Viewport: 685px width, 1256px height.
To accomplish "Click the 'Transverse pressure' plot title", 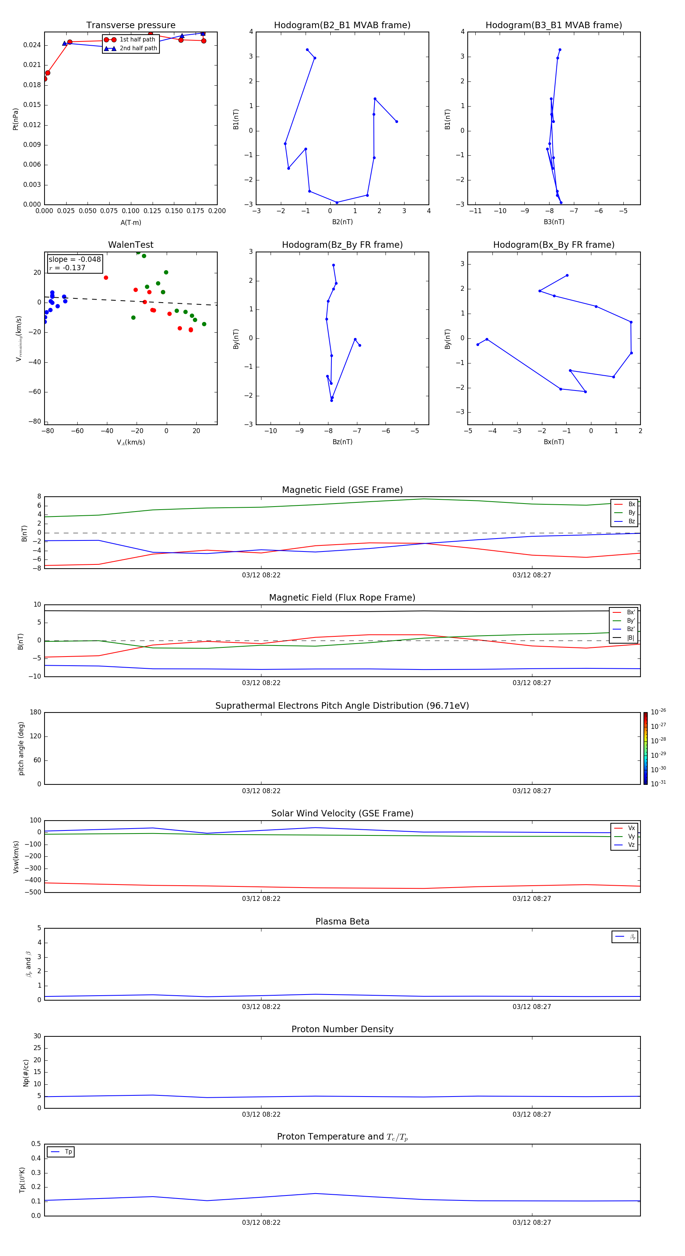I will pyautogui.click(x=131, y=26).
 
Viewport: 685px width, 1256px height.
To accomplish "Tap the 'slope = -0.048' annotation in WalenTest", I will pyautogui.click(x=75, y=260).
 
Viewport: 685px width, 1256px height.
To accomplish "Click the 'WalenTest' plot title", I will pyautogui.click(x=131, y=245).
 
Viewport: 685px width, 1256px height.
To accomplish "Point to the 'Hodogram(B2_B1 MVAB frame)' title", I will pyautogui.click(x=342, y=26).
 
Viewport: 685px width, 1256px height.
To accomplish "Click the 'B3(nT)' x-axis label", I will pyautogui.click(x=554, y=222).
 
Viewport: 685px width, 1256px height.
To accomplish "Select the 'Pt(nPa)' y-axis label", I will pyautogui.click(x=16, y=119).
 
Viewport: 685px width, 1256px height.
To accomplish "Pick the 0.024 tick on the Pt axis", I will pyautogui.click(x=32, y=45).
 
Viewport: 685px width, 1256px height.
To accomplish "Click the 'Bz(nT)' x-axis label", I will pyautogui.click(x=342, y=442).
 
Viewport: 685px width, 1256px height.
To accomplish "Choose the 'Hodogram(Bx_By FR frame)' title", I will pyautogui.click(x=553, y=245).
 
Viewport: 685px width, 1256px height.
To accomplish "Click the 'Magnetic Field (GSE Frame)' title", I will pyautogui.click(x=342, y=490).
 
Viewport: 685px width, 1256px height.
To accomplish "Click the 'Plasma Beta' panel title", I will pyautogui.click(x=342, y=921).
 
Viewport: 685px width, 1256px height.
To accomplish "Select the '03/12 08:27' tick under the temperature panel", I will pyautogui.click(x=531, y=1223).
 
